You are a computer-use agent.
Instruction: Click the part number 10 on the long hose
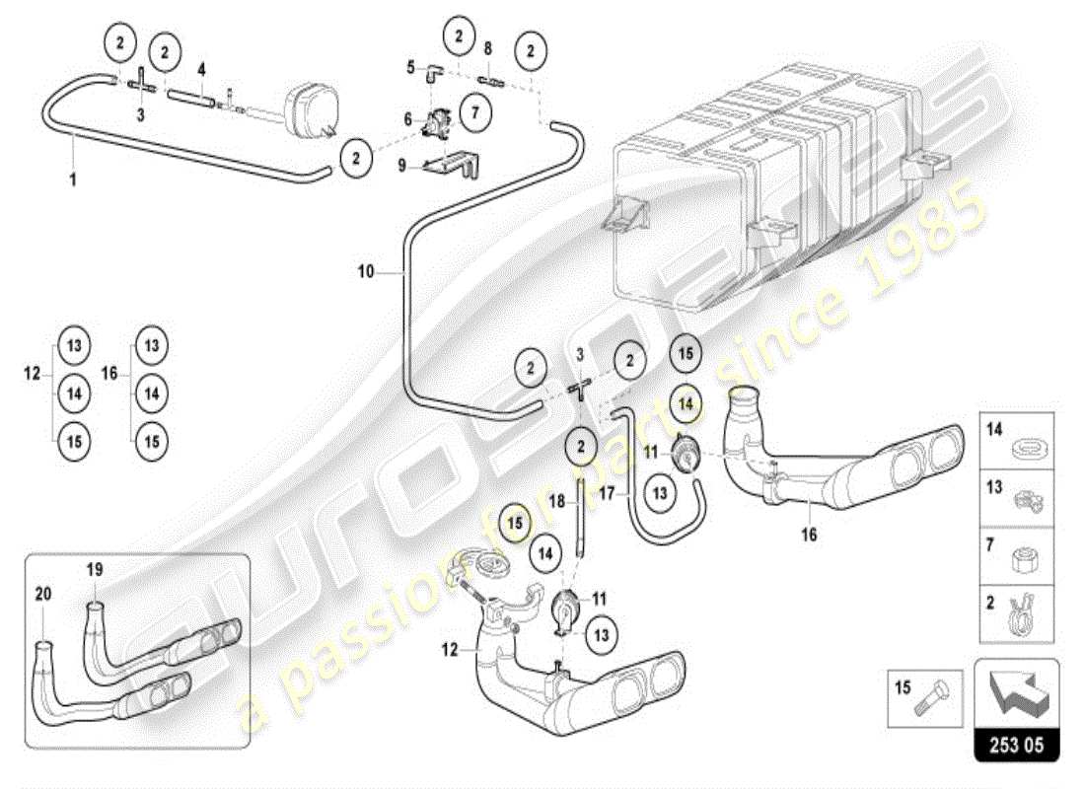366,271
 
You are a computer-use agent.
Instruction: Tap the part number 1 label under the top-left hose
71,181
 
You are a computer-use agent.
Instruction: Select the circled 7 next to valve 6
474,112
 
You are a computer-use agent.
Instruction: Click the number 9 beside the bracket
401,166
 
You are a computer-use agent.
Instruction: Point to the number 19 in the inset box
95,569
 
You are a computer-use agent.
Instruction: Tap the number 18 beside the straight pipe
557,501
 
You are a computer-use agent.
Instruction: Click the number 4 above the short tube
201,69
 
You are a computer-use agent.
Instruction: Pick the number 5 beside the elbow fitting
410,67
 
